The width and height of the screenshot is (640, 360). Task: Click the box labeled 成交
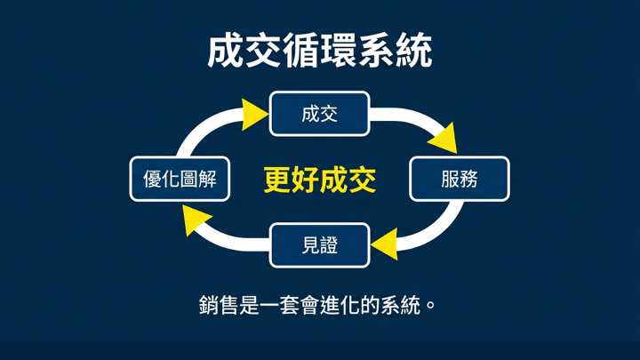click(x=319, y=114)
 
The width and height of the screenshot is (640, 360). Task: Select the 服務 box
click(x=459, y=179)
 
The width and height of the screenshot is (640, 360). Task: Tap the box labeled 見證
click(x=319, y=245)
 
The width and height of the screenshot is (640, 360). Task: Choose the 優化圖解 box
click(x=180, y=179)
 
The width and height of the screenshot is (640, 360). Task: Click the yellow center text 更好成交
click(x=320, y=180)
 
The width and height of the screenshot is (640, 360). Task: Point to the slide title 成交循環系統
click(x=320, y=52)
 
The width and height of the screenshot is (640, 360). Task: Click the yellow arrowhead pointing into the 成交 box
click(x=255, y=115)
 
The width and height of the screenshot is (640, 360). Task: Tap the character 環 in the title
click(x=339, y=52)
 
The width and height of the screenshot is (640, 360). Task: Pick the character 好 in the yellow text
click(x=305, y=180)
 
